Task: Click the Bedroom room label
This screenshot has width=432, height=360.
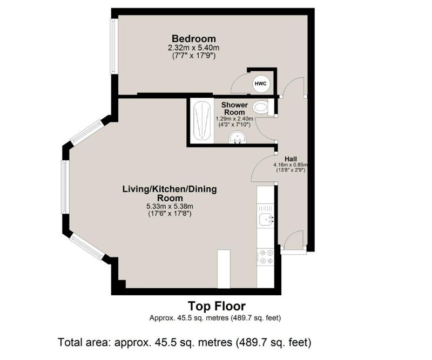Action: tap(194, 38)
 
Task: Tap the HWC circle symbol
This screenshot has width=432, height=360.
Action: tap(261, 84)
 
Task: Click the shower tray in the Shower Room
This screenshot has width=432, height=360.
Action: tap(202, 121)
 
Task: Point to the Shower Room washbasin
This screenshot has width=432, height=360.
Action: tap(237, 137)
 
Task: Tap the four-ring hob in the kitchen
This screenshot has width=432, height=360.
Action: tap(266, 257)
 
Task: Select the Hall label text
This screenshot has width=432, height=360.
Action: tap(291, 159)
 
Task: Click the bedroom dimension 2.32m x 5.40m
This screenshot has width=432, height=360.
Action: tap(194, 48)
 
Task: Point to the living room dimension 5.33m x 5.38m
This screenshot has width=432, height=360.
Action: tap(170, 206)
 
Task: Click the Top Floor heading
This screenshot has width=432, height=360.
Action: tap(217, 306)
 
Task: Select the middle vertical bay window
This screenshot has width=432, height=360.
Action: tap(65, 187)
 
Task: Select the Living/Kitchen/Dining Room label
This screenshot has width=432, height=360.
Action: tap(170, 193)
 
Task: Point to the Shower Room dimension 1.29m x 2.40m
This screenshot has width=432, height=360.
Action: tap(234, 119)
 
